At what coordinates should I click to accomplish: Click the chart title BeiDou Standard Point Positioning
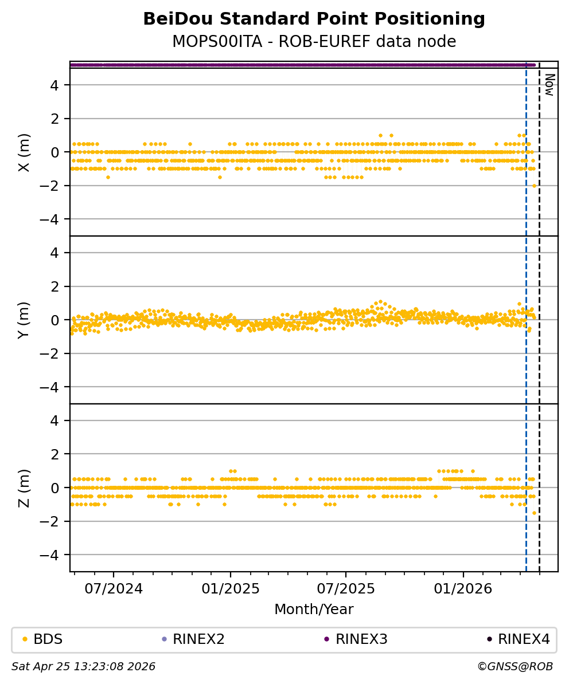[314, 19]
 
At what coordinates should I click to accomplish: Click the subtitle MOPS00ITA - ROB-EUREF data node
[314, 42]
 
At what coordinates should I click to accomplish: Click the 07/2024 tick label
[114, 589]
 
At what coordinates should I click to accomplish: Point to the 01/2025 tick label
[231, 589]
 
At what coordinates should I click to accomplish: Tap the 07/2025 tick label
[346, 589]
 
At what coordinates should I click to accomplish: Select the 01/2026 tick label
[463, 589]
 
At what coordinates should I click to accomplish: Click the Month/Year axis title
[314, 610]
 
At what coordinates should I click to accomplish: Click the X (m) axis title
[24, 152]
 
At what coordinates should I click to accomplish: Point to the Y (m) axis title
[24, 320]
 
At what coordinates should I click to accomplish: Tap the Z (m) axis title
[24, 488]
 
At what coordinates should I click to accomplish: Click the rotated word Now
[549, 84]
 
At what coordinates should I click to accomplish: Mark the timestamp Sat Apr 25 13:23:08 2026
[84, 667]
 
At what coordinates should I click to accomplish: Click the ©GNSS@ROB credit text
[515, 667]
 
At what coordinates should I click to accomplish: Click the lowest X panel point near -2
[534, 186]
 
